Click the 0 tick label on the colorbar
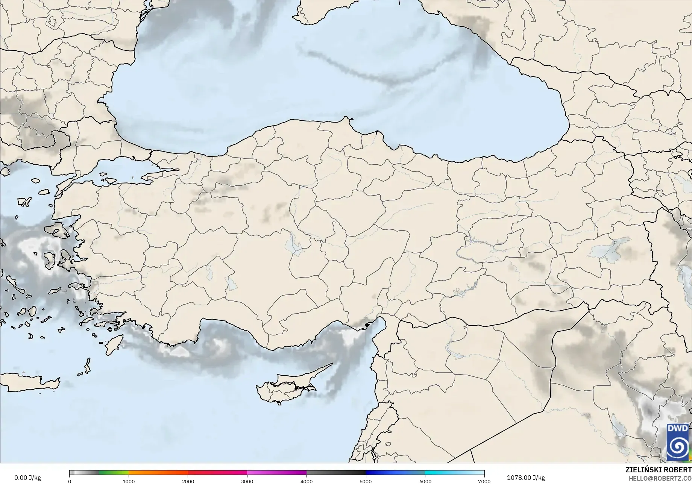(70, 481)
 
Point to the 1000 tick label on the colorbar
(129, 481)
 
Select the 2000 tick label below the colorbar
(188, 481)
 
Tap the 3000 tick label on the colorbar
(247, 481)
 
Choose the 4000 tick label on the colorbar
(307, 481)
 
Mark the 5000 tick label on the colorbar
(366, 481)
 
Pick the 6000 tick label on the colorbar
(425, 481)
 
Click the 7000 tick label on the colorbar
(484, 481)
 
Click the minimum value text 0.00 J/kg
(27, 478)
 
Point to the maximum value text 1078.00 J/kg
(525, 478)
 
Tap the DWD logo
(678, 442)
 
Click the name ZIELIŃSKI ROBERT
(658, 470)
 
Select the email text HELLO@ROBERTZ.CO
(660, 478)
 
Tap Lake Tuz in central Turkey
(293, 244)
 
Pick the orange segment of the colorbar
(158, 473)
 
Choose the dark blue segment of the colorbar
(395, 473)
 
